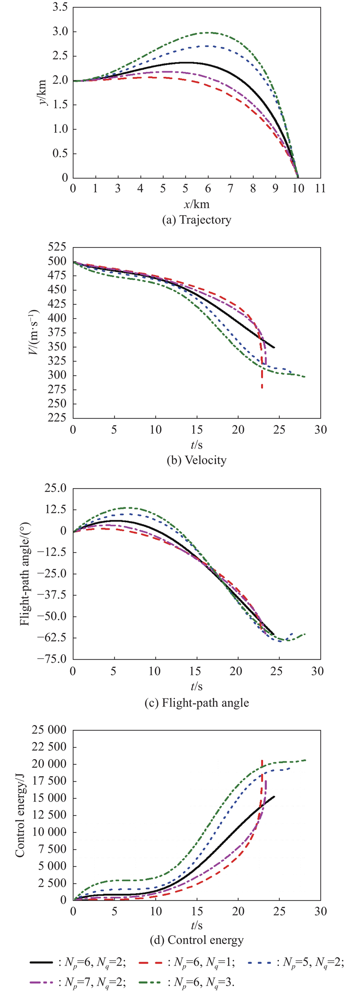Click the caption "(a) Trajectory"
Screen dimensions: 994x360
click(x=197, y=220)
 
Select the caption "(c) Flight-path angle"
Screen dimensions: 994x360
click(x=197, y=702)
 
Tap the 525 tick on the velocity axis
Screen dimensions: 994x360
click(x=56, y=247)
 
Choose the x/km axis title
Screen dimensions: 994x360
click(x=197, y=204)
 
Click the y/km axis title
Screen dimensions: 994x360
click(x=43, y=93)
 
